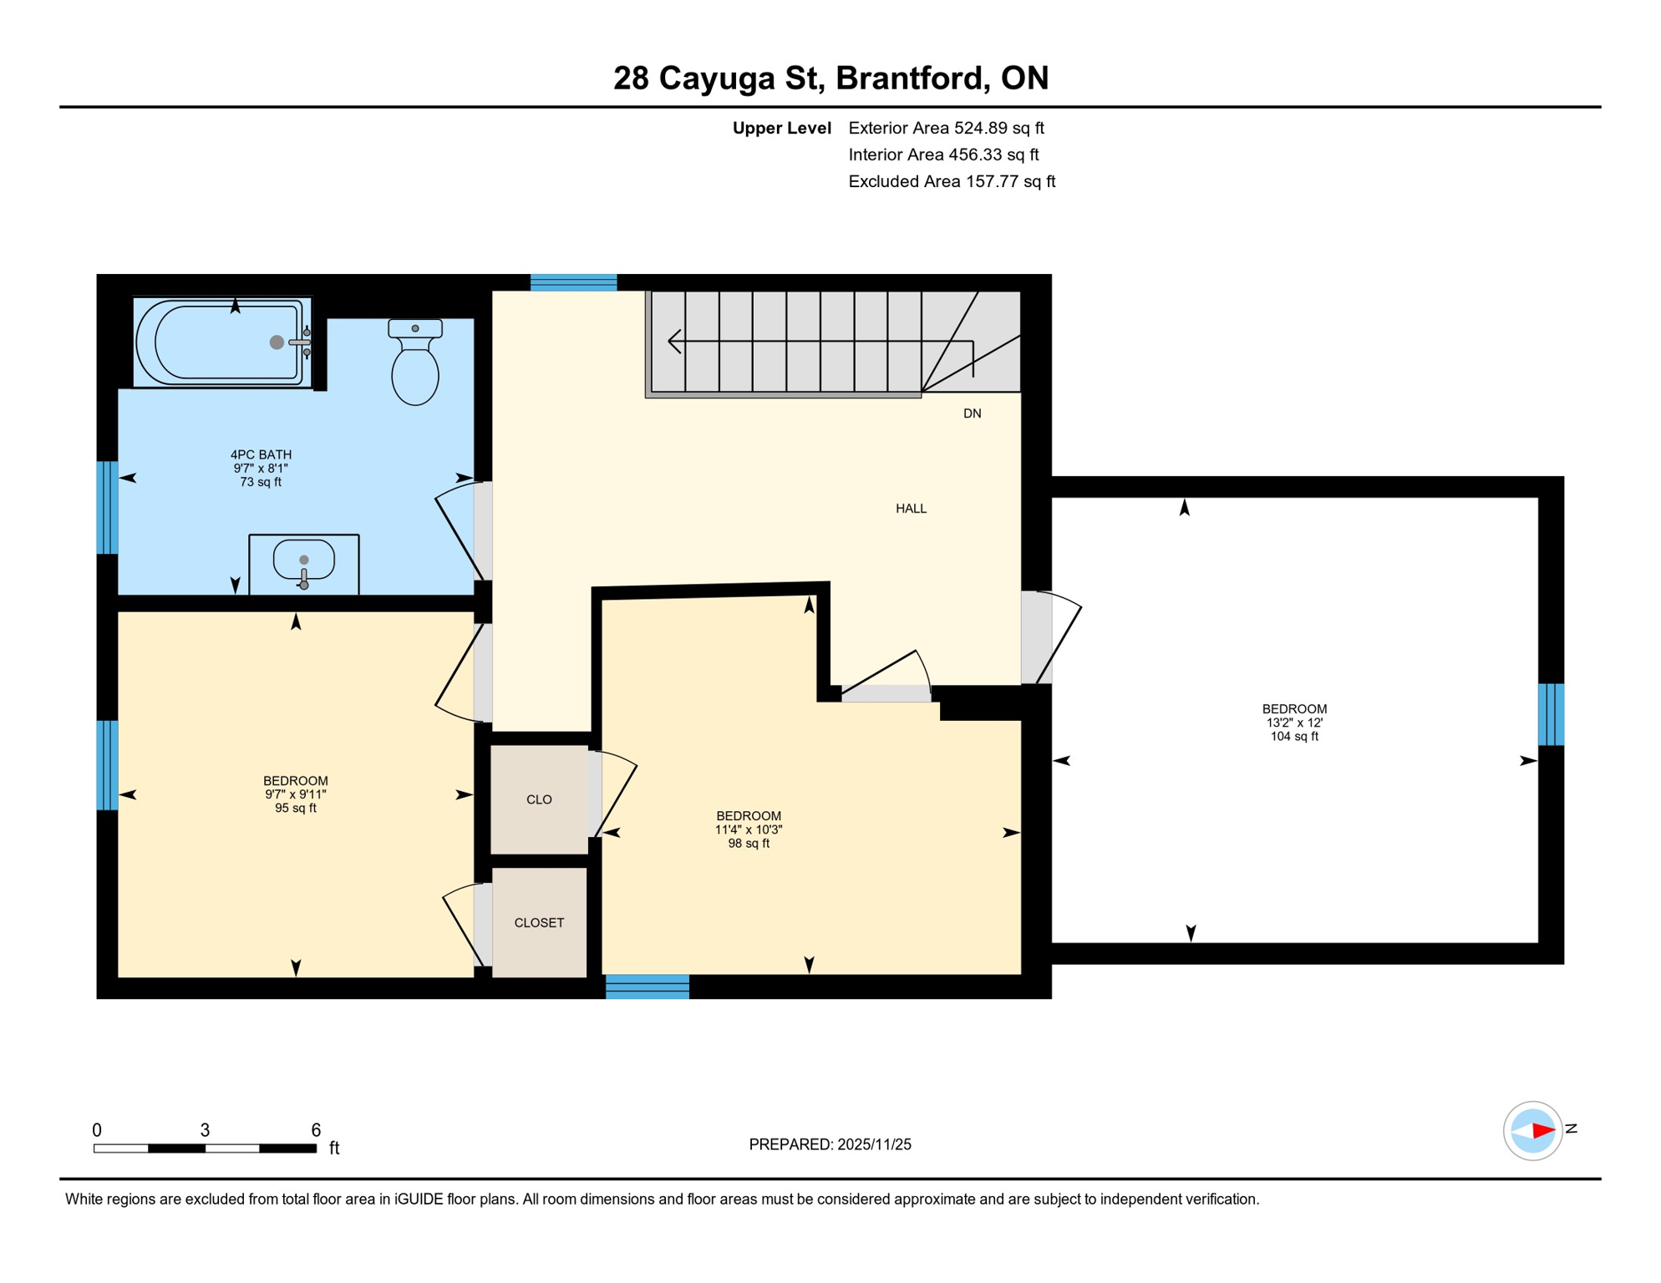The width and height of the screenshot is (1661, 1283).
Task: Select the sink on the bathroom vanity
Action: pos(304,561)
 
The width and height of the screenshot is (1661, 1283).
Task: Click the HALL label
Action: pos(911,509)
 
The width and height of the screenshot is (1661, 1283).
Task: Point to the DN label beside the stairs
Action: pos(972,413)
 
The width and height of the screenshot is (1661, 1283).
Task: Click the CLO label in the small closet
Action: pos(539,799)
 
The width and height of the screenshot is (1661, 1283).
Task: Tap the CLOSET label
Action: pos(539,923)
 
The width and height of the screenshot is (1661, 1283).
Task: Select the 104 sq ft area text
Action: pos(1293,737)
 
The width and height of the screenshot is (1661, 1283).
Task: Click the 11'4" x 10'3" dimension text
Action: pos(748,830)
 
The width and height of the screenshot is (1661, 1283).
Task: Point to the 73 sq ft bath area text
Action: pos(261,482)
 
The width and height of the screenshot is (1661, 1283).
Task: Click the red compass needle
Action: pos(1542,1131)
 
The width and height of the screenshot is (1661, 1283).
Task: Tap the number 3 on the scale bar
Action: pos(205,1130)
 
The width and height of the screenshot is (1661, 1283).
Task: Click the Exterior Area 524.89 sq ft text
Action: pos(946,128)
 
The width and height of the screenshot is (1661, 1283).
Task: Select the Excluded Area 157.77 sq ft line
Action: pos(952,181)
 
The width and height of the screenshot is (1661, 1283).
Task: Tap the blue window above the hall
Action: pos(573,282)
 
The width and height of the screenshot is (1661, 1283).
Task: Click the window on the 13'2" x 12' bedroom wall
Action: pos(1551,714)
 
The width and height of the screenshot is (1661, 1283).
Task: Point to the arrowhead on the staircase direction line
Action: pos(673,341)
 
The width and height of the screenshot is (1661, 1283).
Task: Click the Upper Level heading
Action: pos(781,128)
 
